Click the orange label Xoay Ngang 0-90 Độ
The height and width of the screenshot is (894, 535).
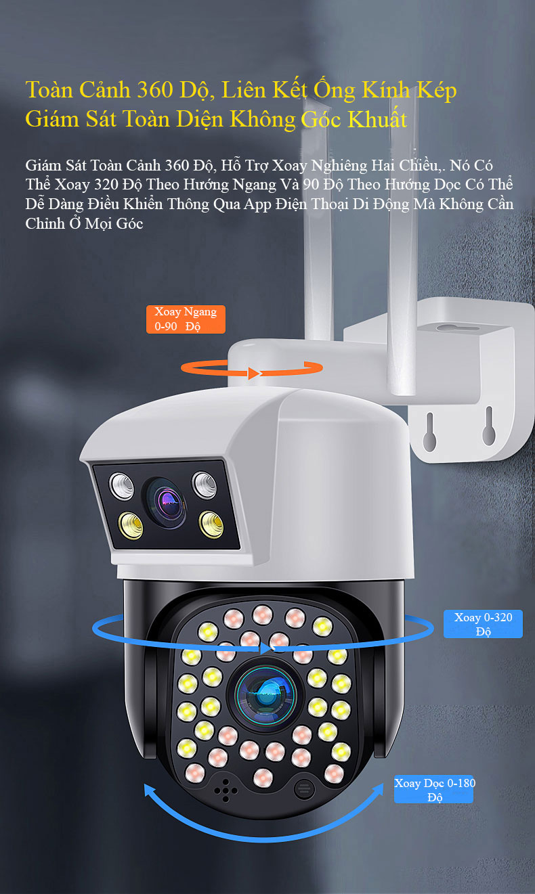pos(186,319)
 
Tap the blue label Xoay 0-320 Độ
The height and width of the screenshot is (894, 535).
pos(483,624)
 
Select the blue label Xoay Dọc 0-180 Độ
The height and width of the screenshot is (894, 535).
pos(434,789)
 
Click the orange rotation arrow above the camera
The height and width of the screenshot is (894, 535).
pos(252,374)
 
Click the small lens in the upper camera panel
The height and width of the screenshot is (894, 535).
pos(165,503)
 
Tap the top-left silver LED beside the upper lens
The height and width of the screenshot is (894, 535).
pos(121,486)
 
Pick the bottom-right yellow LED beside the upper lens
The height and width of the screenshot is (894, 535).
pos(211,524)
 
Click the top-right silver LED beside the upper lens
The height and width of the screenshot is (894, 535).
pos(205,485)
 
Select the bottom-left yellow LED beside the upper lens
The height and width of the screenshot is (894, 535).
pos(131,526)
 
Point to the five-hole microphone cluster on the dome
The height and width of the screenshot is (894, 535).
pos(226,791)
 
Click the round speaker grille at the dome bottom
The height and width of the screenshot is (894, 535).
pos(304,789)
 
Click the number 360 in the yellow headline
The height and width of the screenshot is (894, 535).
pos(154,90)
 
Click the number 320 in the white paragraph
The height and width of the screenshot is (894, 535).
pos(106,185)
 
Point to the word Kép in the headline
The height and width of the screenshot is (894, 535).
pos(437,91)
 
